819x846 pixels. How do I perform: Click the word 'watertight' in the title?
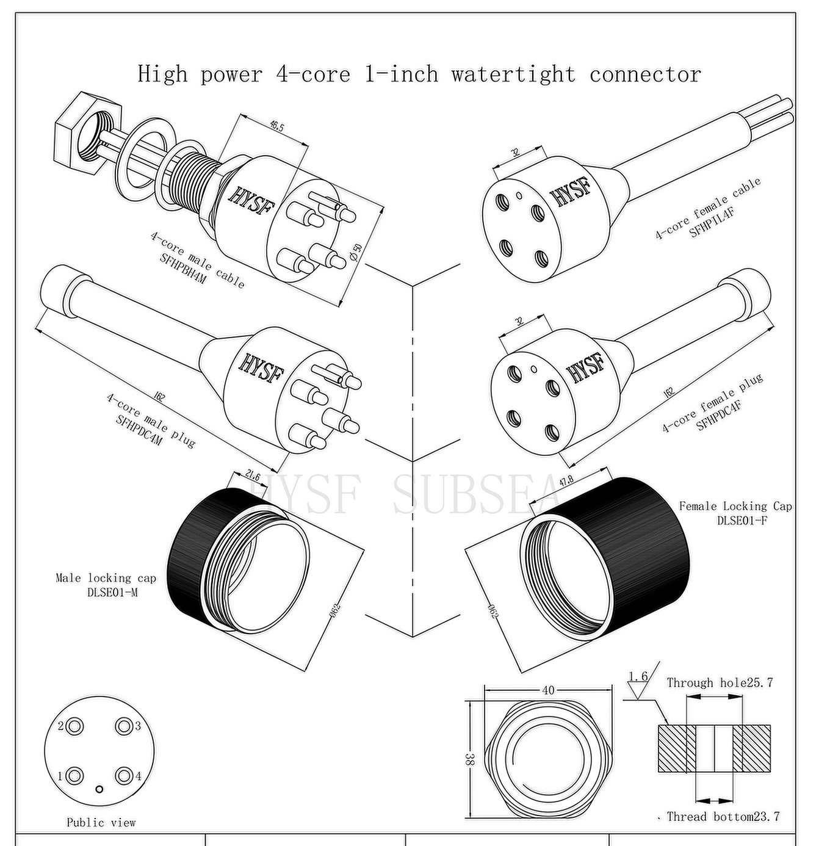pos(513,74)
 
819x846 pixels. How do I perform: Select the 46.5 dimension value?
pos(276,126)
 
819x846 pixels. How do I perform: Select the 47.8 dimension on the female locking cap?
pos(566,480)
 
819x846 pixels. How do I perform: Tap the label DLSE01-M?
pos(112,591)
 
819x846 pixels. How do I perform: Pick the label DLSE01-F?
pos(742,520)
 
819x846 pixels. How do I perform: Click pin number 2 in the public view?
pos(75,726)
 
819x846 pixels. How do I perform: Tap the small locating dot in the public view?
pos(100,789)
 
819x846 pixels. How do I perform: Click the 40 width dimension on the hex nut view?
pos(548,690)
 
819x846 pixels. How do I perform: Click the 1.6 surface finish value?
pos(638,676)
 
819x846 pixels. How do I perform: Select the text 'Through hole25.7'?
pos(720,682)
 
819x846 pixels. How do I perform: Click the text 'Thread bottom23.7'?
pos(723,817)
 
